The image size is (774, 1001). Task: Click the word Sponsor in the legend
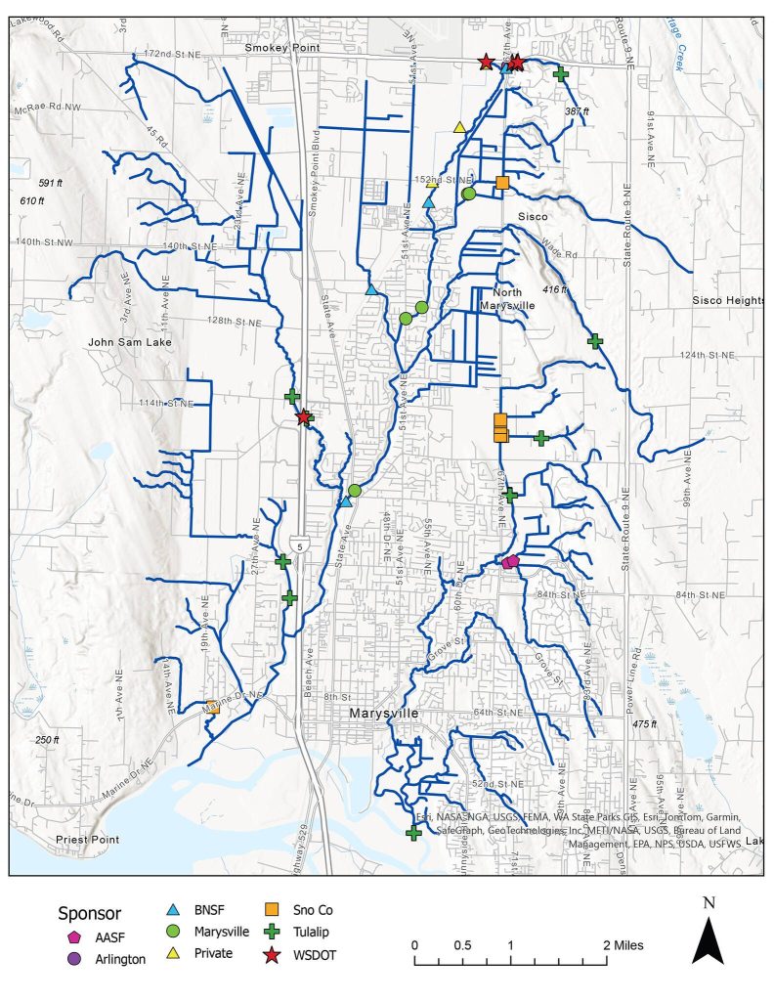91,913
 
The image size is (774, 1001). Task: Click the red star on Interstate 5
304,417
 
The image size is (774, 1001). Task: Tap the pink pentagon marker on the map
510,561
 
